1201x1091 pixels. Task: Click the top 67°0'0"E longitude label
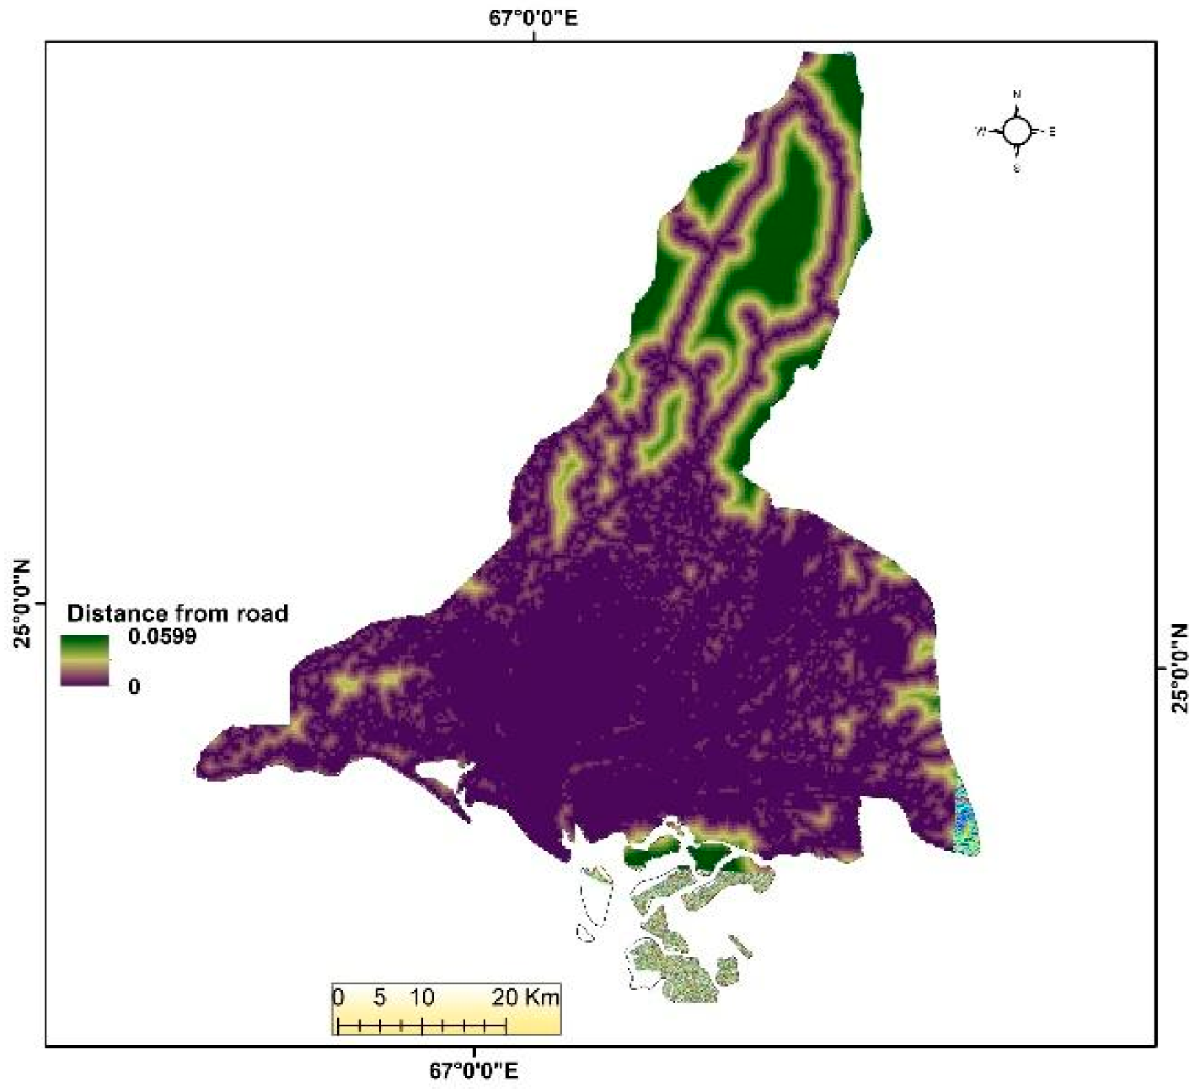[x=534, y=18]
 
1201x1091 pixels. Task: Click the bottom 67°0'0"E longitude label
[x=474, y=1070]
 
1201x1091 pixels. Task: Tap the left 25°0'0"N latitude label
[x=22, y=604]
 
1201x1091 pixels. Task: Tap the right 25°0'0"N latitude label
[x=1180, y=668]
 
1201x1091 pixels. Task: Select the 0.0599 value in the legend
[x=162, y=636]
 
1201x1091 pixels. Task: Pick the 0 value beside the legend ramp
[x=134, y=686]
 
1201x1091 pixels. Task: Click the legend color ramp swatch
[x=85, y=660]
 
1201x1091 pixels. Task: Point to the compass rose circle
[x=1017, y=132]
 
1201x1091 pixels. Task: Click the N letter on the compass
[x=1017, y=95]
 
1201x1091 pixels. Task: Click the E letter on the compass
[x=1053, y=132]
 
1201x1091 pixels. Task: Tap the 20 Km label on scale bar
[x=526, y=997]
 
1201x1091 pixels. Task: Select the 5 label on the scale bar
[x=379, y=997]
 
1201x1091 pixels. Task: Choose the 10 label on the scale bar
[x=422, y=997]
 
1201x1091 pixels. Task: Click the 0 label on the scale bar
[x=338, y=997]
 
